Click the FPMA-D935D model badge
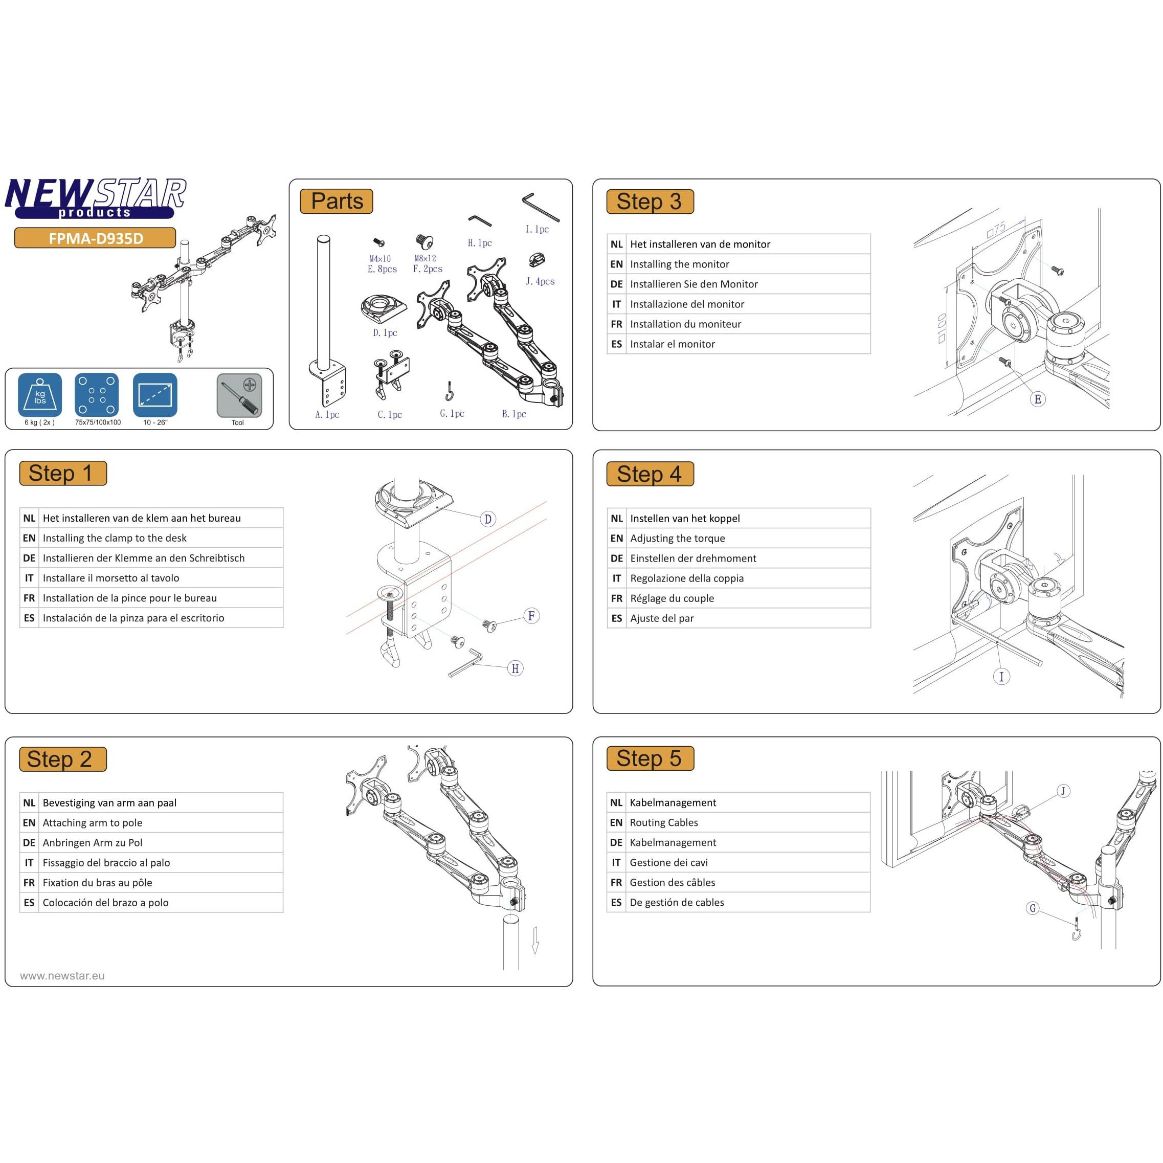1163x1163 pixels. [x=95, y=238]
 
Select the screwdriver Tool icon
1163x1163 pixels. [x=239, y=395]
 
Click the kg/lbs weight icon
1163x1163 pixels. [x=40, y=395]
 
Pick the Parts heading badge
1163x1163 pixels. [x=337, y=201]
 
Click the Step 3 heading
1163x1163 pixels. [x=650, y=202]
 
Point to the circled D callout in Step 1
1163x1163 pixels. [x=487, y=519]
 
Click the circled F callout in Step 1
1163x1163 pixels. [x=531, y=616]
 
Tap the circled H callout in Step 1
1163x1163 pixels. [x=516, y=668]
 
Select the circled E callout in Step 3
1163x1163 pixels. [x=1038, y=399]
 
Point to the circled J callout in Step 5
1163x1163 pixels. [x=1064, y=791]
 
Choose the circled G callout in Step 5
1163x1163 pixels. [x=1033, y=908]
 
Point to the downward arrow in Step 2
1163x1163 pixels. [x=535, y=941]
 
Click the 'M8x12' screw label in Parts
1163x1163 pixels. [x=425, y=258]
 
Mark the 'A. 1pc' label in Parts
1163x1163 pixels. [x=327, y=414]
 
